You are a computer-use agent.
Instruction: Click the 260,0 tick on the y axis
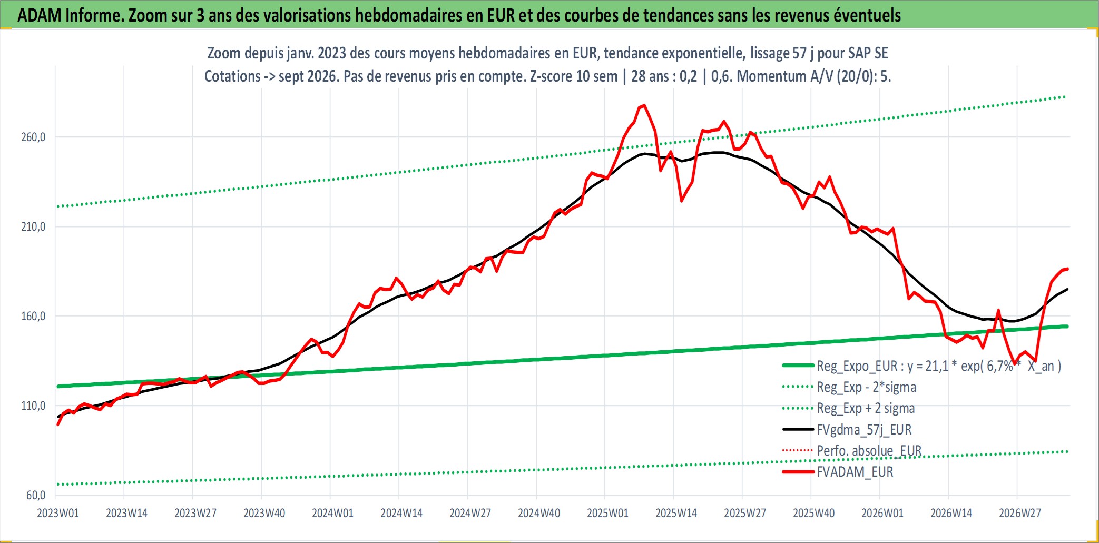pyautogui.click(x=33, y=137)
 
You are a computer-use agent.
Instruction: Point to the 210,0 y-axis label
pyautogui.click(x=33, y=227)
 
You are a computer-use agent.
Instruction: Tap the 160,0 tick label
pyautogui.click(x=33, y=317)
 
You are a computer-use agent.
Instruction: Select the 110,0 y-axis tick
pyautogui.click(x=33, y=406)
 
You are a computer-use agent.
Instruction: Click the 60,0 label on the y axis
pyautogui.click(x=36, y=495)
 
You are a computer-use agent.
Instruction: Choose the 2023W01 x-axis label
pyautogui.click(x=58, y=513)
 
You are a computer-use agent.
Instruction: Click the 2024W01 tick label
pyautogui.click(x=333, y=513)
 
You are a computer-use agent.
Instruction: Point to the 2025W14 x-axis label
pyautogui.click(x=676, y=513)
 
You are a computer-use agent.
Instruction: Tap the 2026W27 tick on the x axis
pyautogui.click(x=1020, y=513)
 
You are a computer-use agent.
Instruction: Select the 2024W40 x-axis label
pyautogui.click(x=539, y=513)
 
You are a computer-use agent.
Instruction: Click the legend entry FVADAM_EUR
pyautogui.click(x=855, y=472)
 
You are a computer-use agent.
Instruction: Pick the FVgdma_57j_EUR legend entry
pyautogui.click(x=864, y=430)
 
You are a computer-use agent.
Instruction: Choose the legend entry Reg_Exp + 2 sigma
pyautogui.click(x=866, y=408)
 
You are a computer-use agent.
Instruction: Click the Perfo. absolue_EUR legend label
pyautogui.click(x=869, y=451)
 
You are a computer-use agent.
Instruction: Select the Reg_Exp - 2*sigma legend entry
pyautogui.click(x=867, y=387)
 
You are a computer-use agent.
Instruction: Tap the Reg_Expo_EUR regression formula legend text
pyautogui.click(x=939, y=366)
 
